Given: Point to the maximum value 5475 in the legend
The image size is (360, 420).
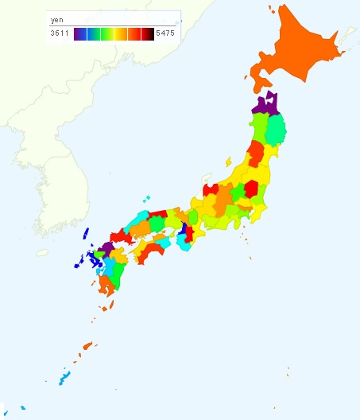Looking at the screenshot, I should pos(166,33).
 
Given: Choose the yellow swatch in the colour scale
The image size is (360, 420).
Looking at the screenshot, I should pos(120,33).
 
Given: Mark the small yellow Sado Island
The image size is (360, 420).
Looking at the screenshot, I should pos(229,161).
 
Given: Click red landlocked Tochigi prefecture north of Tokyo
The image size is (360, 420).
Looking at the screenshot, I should pos(250,189).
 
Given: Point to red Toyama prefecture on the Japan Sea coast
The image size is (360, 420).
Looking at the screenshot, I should pos(211,190).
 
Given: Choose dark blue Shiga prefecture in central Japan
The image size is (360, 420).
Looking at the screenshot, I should pos(184,229).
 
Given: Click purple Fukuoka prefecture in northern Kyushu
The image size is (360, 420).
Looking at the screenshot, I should pos(107,248).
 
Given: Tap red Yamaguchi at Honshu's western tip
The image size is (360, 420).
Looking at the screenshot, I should pos(121,237).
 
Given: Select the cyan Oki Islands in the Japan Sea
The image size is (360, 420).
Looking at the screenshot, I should pos(147,199).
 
